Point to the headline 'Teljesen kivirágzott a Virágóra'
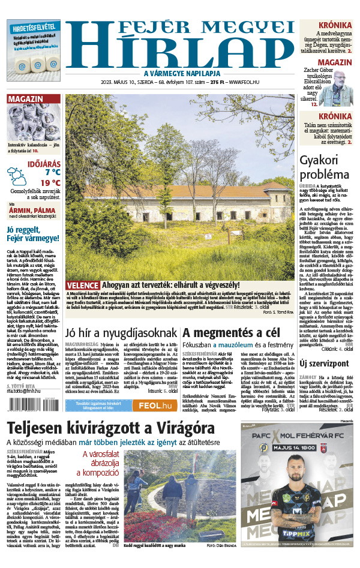[x=110, y=429]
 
